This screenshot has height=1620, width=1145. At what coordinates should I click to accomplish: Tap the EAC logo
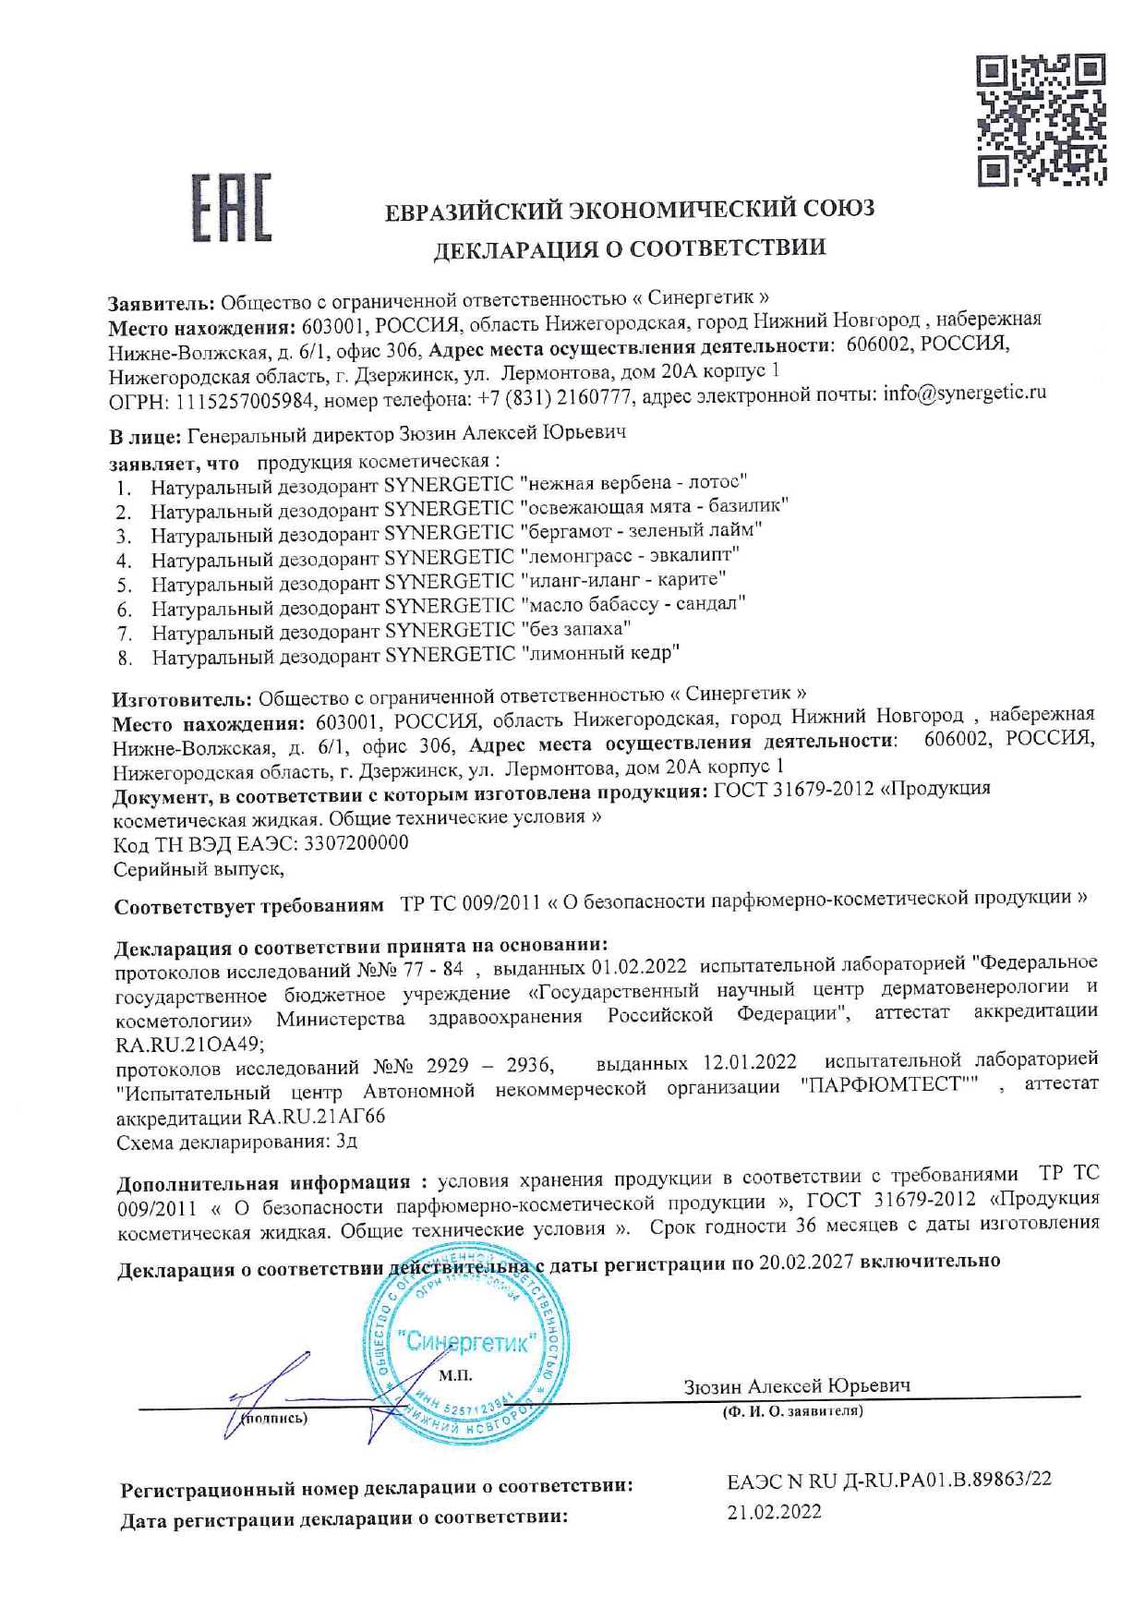(231, 210)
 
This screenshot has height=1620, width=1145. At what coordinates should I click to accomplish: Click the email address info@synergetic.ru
(964, 393)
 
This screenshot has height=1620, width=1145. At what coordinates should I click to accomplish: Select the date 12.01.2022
(750, 1062)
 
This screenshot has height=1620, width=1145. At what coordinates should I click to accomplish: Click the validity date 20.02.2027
(806, 1262)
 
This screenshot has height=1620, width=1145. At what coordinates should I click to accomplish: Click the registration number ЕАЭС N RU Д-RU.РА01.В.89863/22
(888, 1480)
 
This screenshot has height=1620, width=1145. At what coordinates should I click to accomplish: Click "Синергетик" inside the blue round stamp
(466, 1342)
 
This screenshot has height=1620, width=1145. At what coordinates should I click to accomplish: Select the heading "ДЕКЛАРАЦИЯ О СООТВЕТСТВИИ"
(630, 248)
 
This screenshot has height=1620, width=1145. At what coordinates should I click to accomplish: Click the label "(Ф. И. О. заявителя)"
(792, 1411)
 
